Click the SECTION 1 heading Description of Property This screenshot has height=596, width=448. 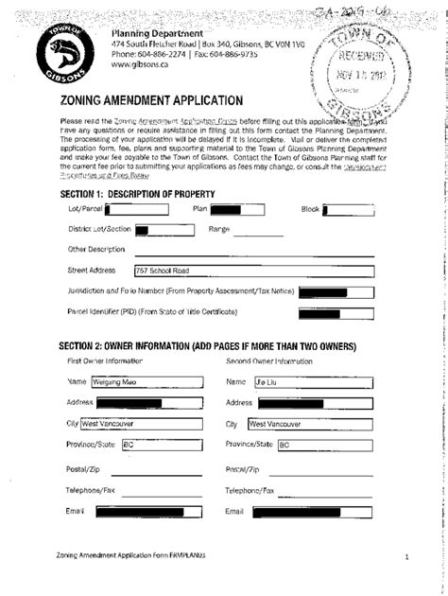[136, 194]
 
